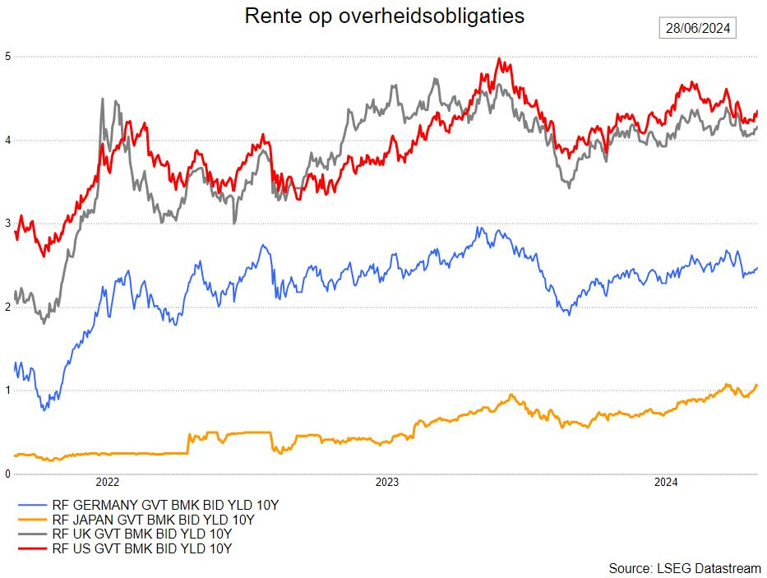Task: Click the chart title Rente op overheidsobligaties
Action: coord(384,16)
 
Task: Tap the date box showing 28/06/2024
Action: coord(698,28)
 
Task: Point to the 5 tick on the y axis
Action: coord(7,57)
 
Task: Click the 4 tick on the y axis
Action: coord(7,141)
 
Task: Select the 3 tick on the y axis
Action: coord(7,224)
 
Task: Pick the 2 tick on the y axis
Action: coord(7,307)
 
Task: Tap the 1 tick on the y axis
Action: coord(7,391)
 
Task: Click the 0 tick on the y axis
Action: coord(7,474)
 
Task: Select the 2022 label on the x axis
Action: coord(109,483)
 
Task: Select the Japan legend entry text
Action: coord(153,520)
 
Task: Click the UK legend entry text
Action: coord(141,534)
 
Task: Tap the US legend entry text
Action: coord(141,548)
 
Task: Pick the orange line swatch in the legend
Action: coord(31,520)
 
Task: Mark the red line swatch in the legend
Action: coord(31,548)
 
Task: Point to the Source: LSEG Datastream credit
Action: coord(684,568)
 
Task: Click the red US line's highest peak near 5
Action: coord(499,59)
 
